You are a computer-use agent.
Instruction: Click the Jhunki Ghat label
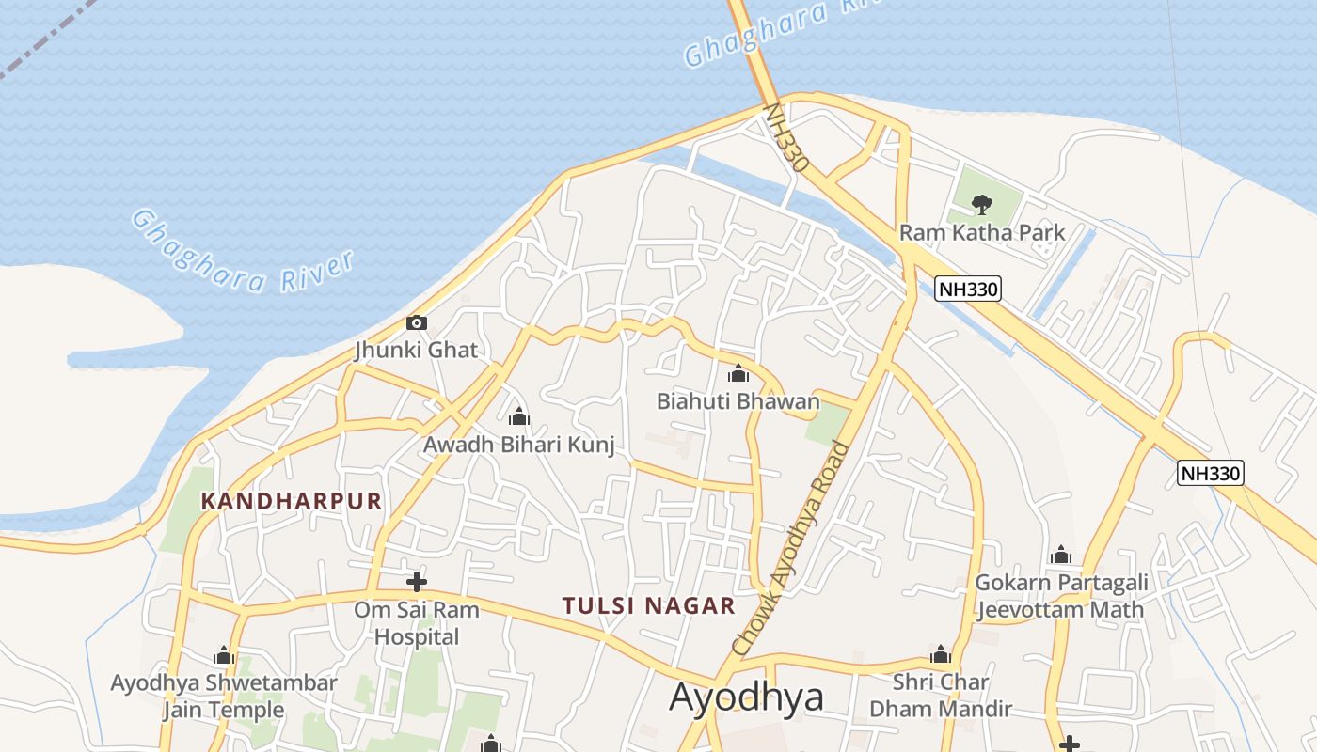click(416, 351)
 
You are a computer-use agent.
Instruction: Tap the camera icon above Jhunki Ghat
click(416, 323)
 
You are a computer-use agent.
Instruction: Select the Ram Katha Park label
click(982, 232)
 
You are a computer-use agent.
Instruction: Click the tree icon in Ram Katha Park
click(982, 204)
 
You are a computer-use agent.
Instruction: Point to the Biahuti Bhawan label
click(738, 401)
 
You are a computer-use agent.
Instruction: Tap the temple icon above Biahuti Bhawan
click(738, 374)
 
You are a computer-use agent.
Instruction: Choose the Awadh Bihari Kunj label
click(518, 445)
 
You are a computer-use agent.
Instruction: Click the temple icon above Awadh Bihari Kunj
click(518, 416)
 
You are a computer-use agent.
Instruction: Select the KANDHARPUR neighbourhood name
click(292, 501)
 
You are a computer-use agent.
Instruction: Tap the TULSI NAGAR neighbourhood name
click(649, 606)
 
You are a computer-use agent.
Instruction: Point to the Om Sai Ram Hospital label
click(417, 623)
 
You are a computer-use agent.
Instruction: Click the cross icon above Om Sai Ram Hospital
click(417, 582)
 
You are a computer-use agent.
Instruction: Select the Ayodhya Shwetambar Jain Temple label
click(224, 696)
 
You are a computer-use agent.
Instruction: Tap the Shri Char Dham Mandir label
click(941, 695)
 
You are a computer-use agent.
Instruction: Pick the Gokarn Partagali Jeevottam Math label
click(1060, 596)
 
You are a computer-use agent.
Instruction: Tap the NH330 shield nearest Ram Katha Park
click(968, 289)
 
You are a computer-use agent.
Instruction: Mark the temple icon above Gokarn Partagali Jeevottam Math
click(1061, 555)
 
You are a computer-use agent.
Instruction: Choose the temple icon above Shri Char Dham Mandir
click(941, 655)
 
